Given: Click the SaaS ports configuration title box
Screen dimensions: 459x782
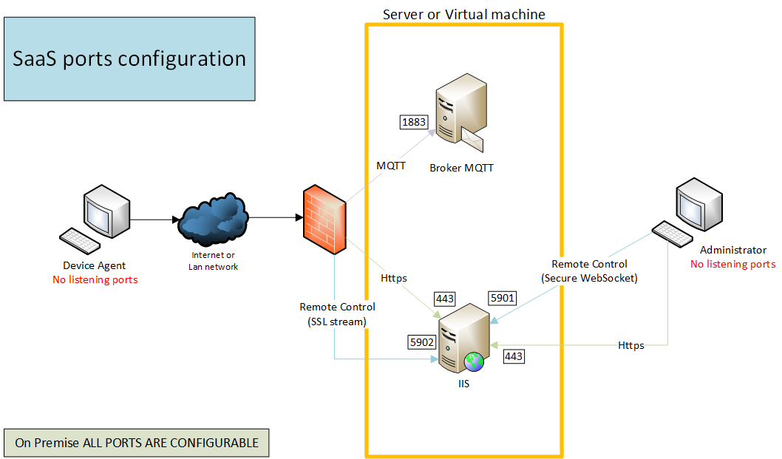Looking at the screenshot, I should click(x=129, y=59).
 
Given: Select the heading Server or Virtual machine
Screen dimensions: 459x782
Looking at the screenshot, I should click(x=463, y=14).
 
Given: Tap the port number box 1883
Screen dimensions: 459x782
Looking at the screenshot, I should click(x=413, y=122).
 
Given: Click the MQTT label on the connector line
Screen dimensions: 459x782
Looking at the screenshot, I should click(x=391, y=166).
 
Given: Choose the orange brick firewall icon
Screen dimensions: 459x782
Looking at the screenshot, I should click(x=324, y=218).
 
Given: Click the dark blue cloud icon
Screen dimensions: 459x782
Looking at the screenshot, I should click(x=212, y=220).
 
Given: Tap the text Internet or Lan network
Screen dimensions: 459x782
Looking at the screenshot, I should click(x=212, y=260).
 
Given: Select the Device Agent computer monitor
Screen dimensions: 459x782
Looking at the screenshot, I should click(x=106, y=209).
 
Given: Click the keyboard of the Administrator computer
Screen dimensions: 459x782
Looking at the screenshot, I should click(x=671, y=233).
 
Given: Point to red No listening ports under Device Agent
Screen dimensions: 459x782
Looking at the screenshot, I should click(x=95, y=279).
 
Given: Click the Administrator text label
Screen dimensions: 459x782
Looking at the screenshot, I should click(x=732, y=250).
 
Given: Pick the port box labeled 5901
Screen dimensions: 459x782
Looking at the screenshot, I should click(x=503, y=297).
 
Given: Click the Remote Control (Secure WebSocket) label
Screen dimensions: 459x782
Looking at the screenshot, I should click(x=589, y=271).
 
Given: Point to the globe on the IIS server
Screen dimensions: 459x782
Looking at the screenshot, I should click(x=474, y=361).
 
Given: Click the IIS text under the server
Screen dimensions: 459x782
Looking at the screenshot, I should click(x=463, y=384).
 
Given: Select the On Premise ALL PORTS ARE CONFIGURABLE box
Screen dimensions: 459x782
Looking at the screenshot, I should click(x=137, y=443).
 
